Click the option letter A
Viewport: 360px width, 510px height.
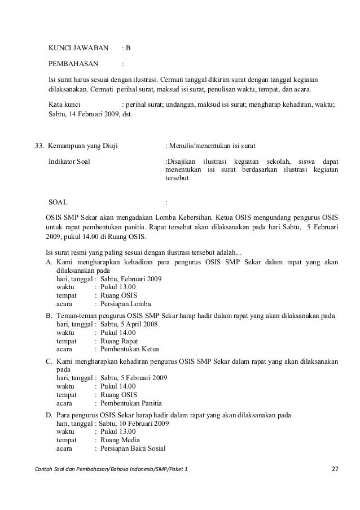tap(49, 261)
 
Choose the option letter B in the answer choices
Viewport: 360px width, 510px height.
tap(49, 315)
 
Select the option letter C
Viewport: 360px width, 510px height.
tap(49, 360)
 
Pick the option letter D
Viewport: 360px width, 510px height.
tap(49, 414)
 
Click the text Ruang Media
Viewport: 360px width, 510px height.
tap(120, 440)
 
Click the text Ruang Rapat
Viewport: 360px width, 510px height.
tap(119, 341)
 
